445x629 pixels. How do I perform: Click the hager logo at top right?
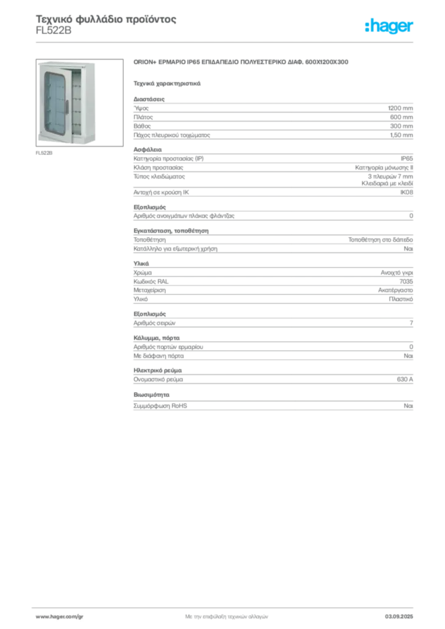389,26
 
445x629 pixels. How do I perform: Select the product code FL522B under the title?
53,31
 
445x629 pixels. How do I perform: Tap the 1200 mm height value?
401,108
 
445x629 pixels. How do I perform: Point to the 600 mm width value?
401,117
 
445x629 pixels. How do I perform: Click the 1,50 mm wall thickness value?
401,135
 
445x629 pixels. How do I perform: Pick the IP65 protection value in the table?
407,158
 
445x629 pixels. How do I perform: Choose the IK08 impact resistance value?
406,192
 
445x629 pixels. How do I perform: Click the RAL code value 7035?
406,281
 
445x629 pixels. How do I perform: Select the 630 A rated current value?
405,379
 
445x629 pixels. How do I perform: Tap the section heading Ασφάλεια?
148,150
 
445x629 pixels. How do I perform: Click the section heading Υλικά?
141,264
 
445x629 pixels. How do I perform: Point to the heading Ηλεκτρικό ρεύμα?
158,370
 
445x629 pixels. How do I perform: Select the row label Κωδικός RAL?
151,281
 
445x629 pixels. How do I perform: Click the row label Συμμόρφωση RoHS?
160,405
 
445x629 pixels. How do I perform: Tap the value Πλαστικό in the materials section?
401,299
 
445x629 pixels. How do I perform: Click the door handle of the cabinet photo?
67,106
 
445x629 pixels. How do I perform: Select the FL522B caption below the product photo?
44,153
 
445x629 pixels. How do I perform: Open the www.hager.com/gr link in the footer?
60,617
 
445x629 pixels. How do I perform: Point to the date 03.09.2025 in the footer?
399,617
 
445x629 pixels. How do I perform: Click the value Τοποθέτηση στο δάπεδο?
380,240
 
